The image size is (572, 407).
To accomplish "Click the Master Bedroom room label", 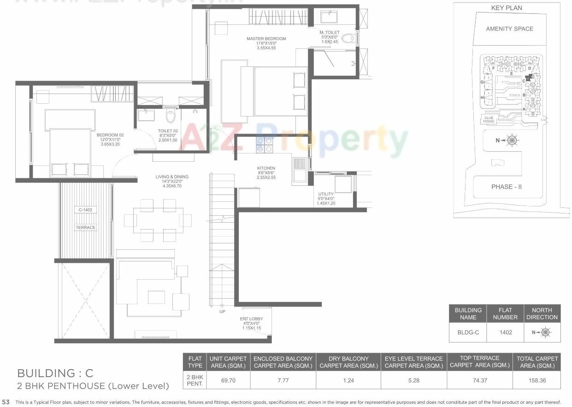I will [x=266, y=39].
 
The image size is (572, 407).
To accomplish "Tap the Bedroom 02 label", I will [x=111, y=135].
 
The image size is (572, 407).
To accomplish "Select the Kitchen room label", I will [x=266, y=168].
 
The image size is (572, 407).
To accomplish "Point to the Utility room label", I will [x=326, y=194].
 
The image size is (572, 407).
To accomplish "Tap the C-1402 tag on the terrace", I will [x=85, y=210].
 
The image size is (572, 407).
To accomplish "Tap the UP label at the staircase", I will [x=223, y=312].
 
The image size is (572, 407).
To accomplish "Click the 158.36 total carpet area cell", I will [x=537, y=381].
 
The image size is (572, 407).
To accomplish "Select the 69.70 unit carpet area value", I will [x=229, y=381].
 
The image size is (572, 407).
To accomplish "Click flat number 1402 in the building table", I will [x=505, y=332].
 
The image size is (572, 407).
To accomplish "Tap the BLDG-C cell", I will [x=468, y=332].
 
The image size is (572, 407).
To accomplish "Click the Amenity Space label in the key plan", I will [x=509, y=29].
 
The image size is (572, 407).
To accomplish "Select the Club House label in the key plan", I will [x=489, y=119].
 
